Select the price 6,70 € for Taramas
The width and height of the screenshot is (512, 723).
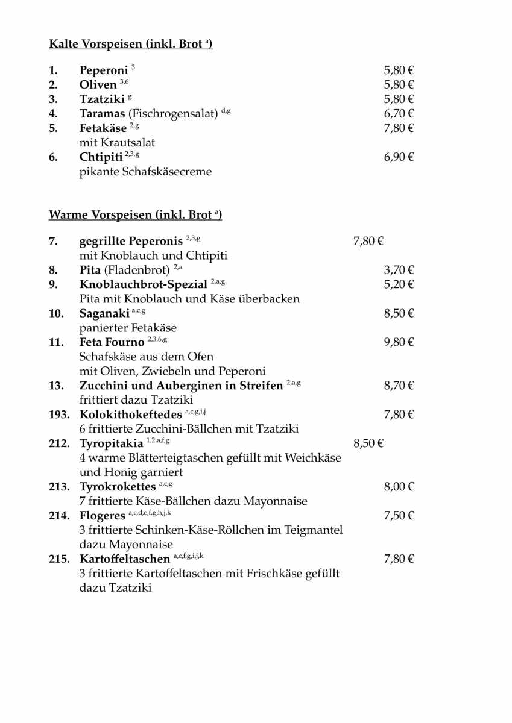[x=399, y=114]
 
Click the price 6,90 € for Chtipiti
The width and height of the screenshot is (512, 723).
[x=399, y=158]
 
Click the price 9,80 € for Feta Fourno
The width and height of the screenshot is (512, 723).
[x=399, y=343]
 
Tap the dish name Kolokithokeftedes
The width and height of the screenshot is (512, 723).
[x=130, y=415]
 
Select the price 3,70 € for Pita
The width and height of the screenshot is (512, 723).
[x=399, y=271]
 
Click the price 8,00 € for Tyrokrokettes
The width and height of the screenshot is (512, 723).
[x=399, y=487]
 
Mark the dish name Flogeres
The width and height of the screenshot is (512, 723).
[x=102, y=516]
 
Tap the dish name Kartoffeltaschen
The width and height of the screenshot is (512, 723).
[x=125, y=560]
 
